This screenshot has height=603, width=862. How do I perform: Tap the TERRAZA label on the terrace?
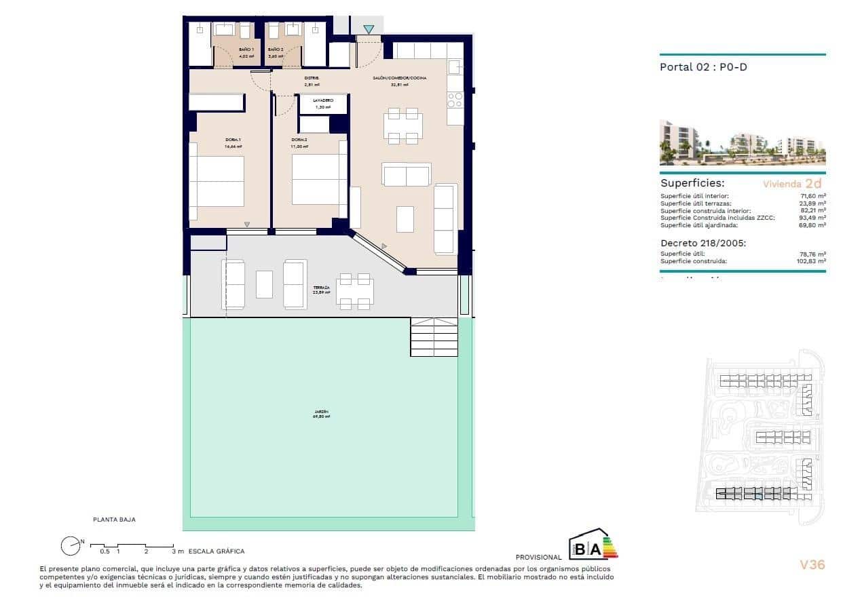321,288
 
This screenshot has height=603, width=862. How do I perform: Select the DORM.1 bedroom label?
233,140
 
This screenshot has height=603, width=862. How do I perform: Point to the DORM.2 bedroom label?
299,140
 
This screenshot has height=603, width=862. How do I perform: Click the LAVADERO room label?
323,100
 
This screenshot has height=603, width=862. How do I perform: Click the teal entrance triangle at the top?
368,29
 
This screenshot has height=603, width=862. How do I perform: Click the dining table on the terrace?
354,291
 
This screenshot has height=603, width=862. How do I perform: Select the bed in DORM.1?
217,181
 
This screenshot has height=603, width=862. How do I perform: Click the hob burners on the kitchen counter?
455,100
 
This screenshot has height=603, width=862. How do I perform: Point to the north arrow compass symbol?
70,545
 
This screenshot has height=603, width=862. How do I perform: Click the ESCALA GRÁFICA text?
217,551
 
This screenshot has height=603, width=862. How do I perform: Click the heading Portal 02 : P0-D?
703,67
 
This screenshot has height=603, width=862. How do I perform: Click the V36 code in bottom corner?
812,564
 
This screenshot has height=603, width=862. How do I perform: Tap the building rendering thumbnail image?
743,143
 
